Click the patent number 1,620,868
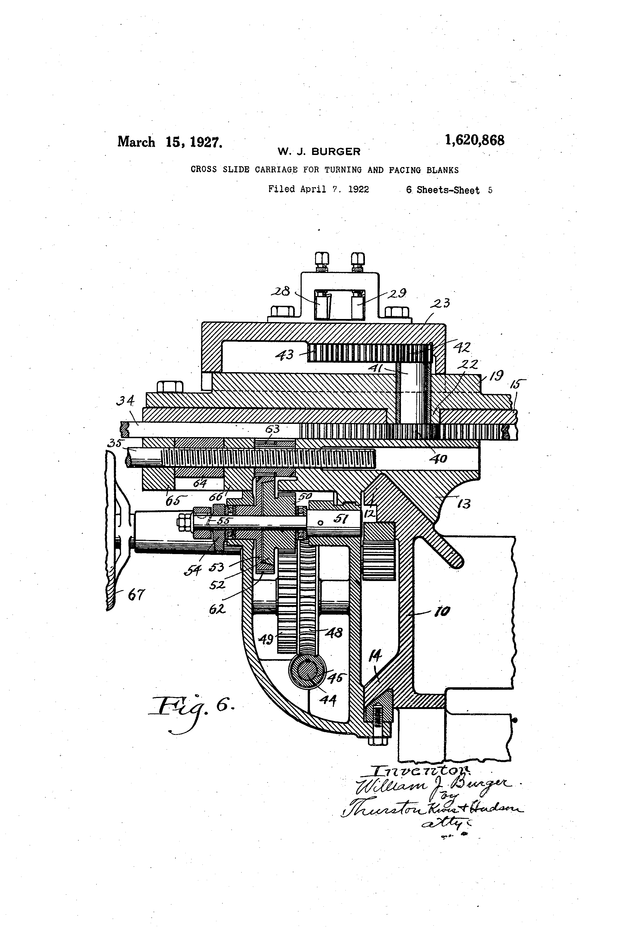tap(474, 140)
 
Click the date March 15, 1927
tap(169, 142)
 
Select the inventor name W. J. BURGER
tap(319, 152)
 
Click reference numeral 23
tap(441, 303)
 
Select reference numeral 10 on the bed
tap(442, 612)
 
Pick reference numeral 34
tap(125, 402)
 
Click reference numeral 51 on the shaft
tap(341, 518)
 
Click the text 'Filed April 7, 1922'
tap(319, 189)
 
